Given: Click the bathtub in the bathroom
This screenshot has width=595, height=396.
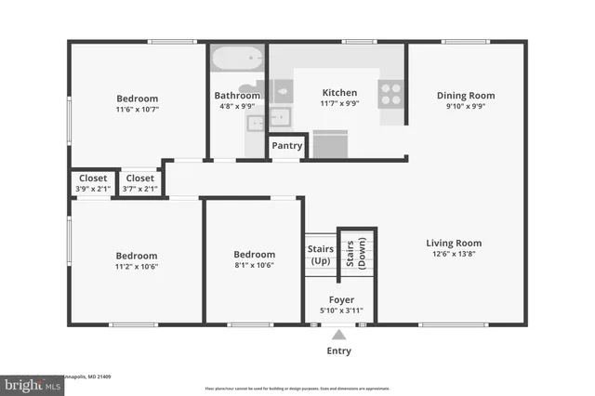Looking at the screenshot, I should click(237, 59).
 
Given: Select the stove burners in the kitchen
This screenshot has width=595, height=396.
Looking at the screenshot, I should click(390, 91).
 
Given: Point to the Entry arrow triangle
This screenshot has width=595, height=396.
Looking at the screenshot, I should click(339, 335).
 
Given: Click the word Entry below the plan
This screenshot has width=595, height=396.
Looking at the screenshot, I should click(339, 351).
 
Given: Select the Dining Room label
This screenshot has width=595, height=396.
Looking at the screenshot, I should click(466, 96).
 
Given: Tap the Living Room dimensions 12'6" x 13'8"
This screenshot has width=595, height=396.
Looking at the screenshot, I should click(454, 255).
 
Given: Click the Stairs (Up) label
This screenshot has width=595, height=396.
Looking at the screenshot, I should click(320, 255).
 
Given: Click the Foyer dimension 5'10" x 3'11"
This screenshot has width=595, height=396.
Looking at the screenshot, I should click(340, 311).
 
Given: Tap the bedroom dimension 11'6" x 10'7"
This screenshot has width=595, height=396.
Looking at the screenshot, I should click(137, 110).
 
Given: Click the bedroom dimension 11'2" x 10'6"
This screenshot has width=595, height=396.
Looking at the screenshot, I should click(136, 266).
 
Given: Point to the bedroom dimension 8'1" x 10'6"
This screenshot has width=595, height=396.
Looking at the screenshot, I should click(254, 266).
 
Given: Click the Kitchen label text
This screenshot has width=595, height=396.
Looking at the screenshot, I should click(339, 93).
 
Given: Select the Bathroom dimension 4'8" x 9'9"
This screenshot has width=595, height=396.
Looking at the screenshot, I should click(237, 107).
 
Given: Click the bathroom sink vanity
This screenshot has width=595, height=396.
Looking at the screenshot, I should click(280, 119).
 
